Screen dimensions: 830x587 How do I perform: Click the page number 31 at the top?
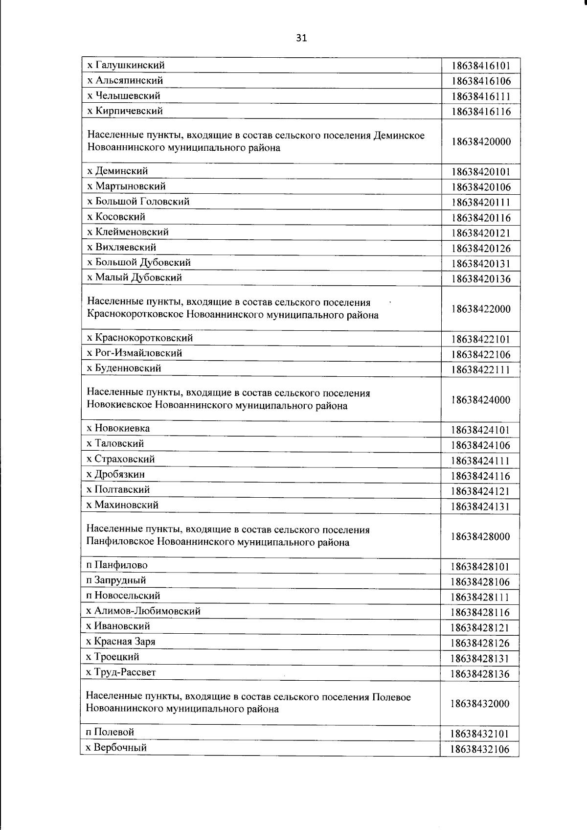tap(301, 38)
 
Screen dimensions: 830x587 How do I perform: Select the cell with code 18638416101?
tap(481, 66)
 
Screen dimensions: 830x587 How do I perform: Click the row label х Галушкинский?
tap(126, 65)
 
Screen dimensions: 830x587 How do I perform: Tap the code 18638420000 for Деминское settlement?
tap(481, 142)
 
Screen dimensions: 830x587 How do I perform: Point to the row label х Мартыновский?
tap(126, 186)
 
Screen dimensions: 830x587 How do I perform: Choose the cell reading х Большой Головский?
tap(138, 202)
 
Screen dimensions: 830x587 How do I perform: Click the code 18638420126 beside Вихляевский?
tap(481, 249)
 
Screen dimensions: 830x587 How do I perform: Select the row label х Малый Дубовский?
tap(134, 277)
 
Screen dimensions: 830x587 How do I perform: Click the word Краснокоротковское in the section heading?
tap(135, 315)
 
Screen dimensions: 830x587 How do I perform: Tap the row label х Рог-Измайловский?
tap(134, 353)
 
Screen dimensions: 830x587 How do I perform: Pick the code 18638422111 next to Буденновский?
tap(481, 370)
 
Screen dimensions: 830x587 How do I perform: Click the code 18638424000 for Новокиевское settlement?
tap(481, 400)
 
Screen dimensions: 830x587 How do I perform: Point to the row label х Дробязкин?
tap(115, 474)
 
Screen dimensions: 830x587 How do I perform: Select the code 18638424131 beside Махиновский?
tap(481, 507)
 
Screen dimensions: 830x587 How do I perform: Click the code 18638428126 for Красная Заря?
tap(481, 643)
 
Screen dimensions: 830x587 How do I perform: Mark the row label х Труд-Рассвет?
tap(121, 672)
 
